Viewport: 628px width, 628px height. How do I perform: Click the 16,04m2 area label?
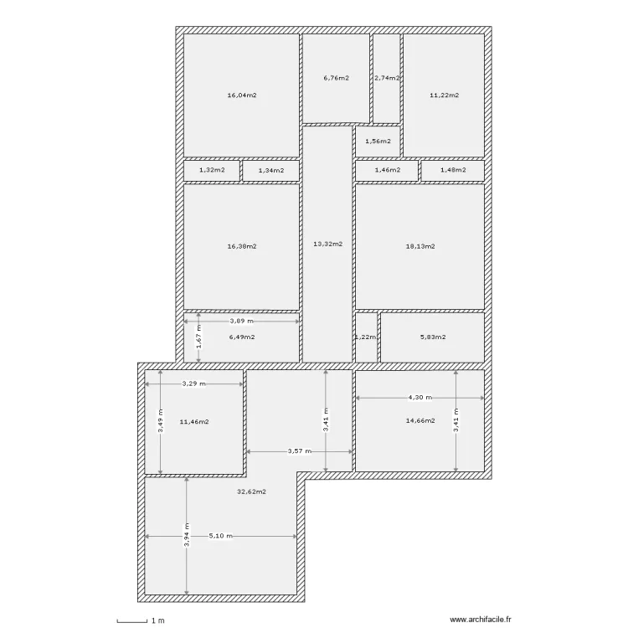[241, 95]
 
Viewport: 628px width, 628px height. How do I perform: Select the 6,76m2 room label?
[336, 78]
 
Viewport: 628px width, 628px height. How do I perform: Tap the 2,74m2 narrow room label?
[387, 78]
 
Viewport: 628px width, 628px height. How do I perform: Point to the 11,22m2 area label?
[444, 95]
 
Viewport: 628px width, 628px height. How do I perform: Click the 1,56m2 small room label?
[378, 141]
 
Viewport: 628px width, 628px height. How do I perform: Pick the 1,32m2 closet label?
[212, 170]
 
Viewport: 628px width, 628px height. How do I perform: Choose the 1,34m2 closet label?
[270, 170]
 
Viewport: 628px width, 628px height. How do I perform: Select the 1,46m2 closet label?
[386, 170]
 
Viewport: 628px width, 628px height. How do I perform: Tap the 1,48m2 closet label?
[452, 170]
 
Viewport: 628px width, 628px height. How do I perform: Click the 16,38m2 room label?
[241, 246]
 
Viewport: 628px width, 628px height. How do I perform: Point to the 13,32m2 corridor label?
[327, 244]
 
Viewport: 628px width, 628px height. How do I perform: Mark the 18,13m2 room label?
[420, 246]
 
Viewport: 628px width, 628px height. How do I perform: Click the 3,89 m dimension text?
[242, 321]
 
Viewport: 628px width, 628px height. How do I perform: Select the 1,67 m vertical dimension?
[199, 338]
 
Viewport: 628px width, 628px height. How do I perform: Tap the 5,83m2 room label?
[432, 337]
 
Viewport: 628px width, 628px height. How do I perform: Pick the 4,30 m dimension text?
[420, 398]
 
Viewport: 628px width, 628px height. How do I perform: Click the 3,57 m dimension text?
[299, 451]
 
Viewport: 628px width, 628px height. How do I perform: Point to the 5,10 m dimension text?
[221, 536]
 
